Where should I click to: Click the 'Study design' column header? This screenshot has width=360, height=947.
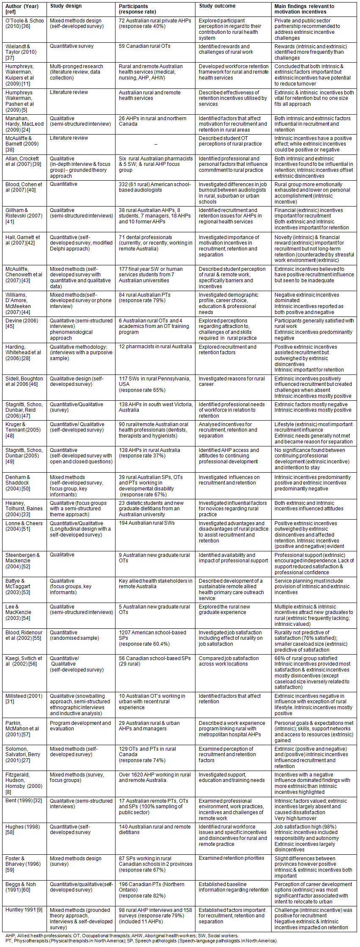tap(66, 6)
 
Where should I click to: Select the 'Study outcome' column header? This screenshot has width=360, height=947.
tap(217, 6)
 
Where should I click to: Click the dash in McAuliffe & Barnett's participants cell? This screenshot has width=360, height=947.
tap(156, 144)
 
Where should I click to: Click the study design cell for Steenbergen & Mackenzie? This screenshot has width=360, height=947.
tap(62, 555)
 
